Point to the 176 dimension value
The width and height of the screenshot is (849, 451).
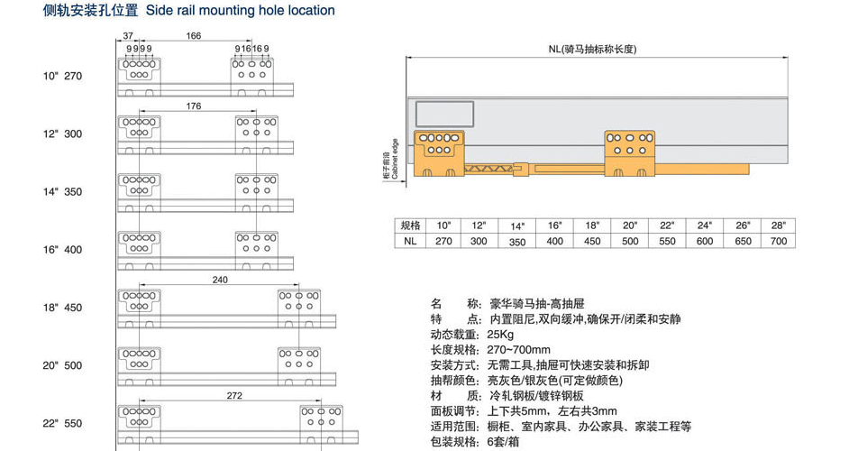(194, 106)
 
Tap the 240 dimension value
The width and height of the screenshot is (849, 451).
(220, 280)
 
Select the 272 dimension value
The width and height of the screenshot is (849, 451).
(234, 395)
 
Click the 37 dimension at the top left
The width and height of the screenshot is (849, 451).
(128, 36)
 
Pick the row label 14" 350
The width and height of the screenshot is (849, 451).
(62, 192)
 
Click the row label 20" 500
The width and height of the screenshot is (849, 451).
(62, 365)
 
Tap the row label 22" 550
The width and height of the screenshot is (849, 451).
(62, 423)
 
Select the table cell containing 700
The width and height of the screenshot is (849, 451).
(779, 241)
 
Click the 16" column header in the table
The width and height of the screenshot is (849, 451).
(554, 225)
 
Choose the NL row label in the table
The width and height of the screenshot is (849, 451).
(410, 241)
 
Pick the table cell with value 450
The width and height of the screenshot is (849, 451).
(592, 241)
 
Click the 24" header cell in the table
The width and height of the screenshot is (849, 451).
(704, 225)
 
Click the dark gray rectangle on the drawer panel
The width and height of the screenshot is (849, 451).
(444, 113)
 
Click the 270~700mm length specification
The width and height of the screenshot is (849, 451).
(520, 350)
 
